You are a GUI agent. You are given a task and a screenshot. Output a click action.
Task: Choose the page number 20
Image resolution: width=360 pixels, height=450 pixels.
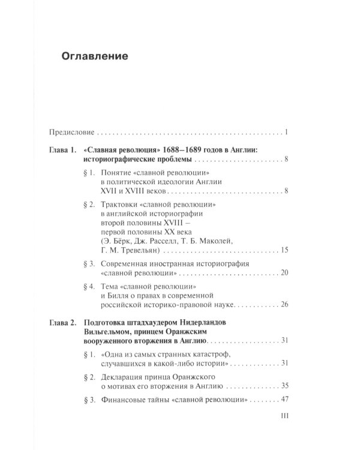tap(286, 273)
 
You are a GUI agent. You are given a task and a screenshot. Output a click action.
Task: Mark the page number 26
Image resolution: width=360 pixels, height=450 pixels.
tap(286, 305)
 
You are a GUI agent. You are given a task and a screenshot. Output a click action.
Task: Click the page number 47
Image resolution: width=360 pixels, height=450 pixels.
tap(286, 399)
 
